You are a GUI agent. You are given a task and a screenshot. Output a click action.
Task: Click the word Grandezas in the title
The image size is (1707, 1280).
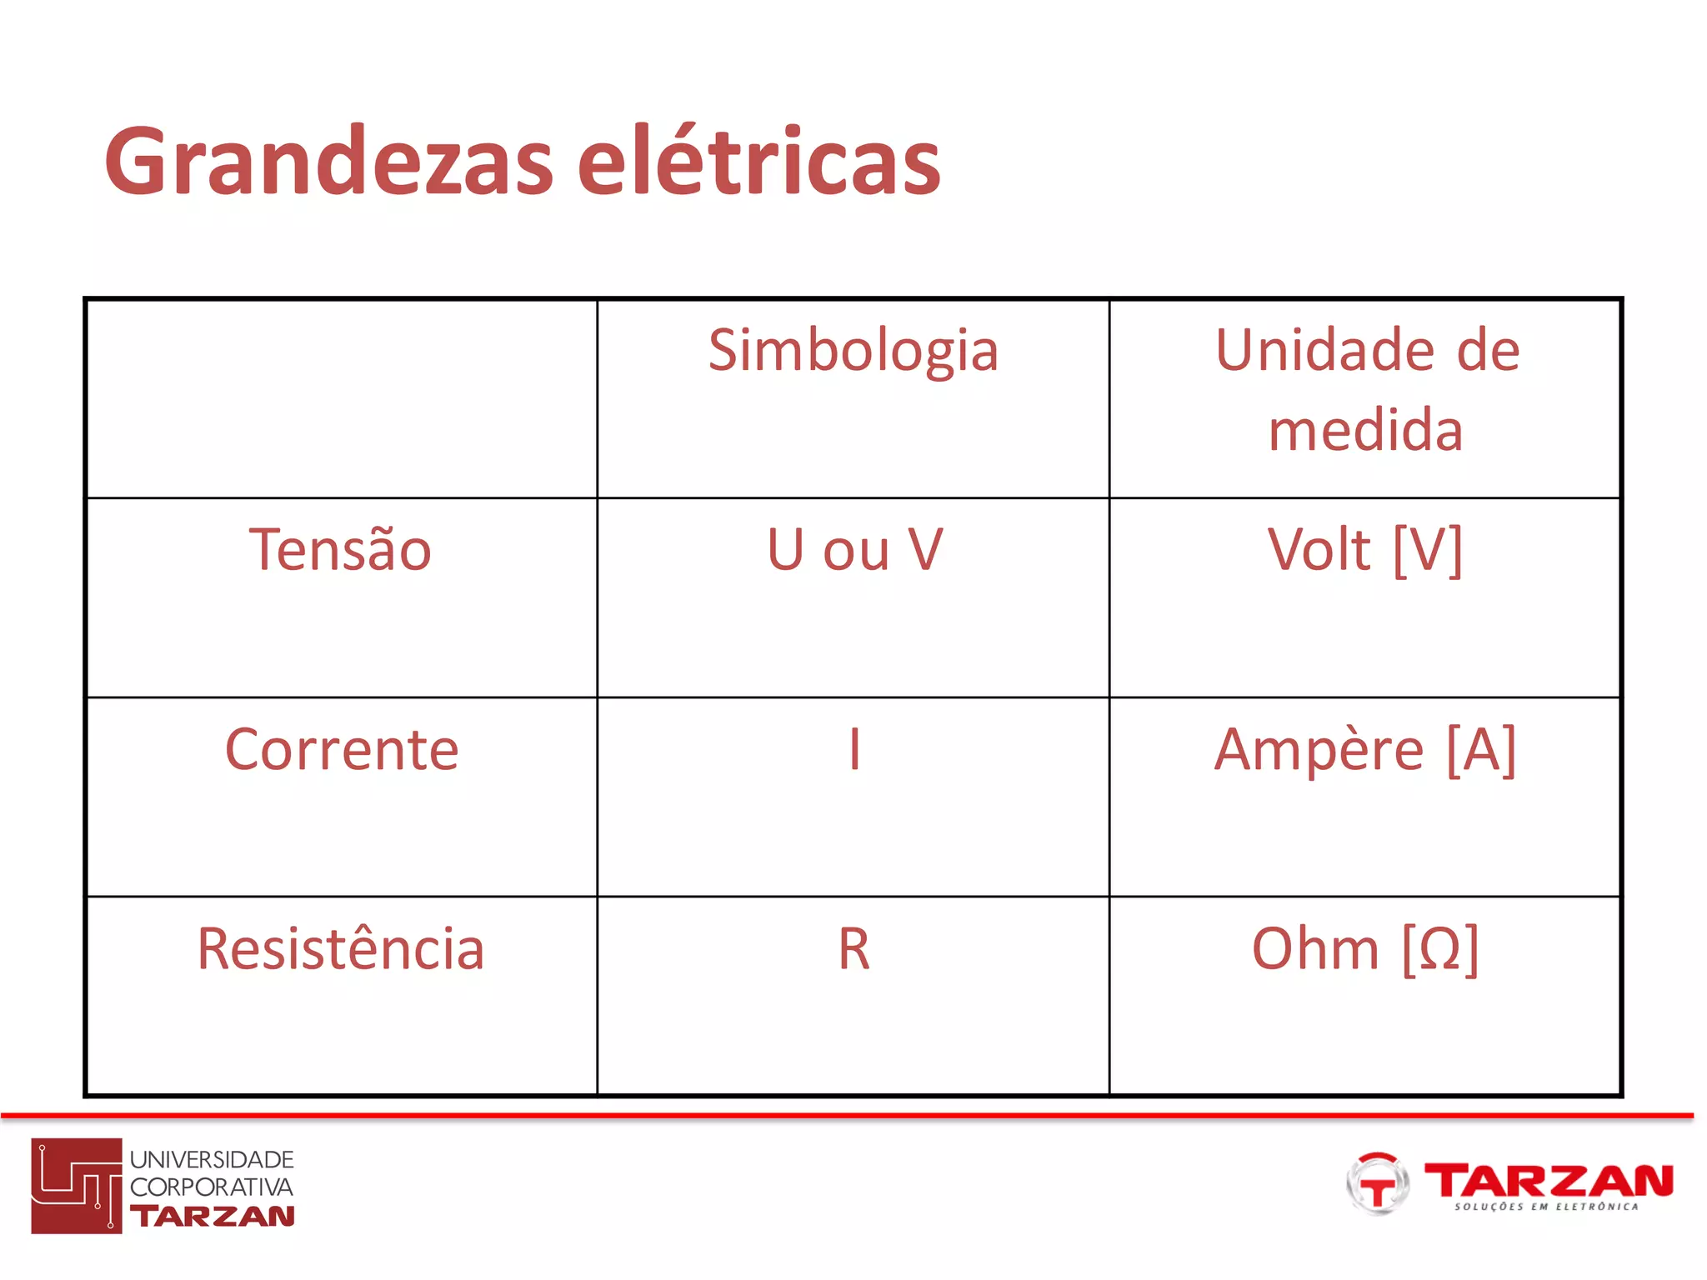(x=329, y=161)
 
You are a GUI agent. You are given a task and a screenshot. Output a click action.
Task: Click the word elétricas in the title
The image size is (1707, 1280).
(x=759, y=161)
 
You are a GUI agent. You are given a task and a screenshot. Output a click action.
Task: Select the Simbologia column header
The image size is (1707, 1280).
(x=853, y=350)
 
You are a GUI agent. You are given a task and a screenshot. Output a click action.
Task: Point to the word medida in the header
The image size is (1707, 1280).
(x=1365, y=430)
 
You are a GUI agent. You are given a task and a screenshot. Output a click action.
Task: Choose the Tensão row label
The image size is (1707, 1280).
(x=340, y=550)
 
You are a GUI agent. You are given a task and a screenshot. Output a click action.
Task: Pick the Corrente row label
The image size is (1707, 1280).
(x=342, y=750)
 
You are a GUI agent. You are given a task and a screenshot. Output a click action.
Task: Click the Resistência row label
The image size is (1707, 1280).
(x=340, y=949)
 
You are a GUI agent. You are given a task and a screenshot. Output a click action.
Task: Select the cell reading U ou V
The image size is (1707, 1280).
(x=854, y=550)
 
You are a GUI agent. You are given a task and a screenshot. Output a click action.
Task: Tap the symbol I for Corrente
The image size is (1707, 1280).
(x=854, y=749)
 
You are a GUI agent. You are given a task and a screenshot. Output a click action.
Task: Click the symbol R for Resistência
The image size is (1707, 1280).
(x=854, y=949)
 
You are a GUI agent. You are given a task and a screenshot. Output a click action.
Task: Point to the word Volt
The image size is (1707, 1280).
(x=1319, y=550)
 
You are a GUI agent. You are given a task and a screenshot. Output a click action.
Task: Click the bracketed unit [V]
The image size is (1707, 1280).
(x=1428, y=550)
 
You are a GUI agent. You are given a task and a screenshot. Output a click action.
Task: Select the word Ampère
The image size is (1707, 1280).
(x=1319, y=750)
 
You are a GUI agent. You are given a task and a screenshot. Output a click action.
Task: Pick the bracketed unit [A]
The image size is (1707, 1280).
(x=1481, y=750)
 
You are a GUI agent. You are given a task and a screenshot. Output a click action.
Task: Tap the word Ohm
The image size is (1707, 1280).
(x=1315, y=949)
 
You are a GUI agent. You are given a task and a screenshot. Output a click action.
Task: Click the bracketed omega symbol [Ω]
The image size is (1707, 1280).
(x=1440, y=949)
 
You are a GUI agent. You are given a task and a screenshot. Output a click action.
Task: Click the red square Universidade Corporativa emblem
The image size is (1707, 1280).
(x=77, y=1186)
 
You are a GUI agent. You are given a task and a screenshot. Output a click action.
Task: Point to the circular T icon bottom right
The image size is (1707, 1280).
(x=1377, y=1184)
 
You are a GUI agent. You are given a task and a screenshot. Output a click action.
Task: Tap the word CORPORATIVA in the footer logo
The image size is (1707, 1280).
(x=212, y=1187)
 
